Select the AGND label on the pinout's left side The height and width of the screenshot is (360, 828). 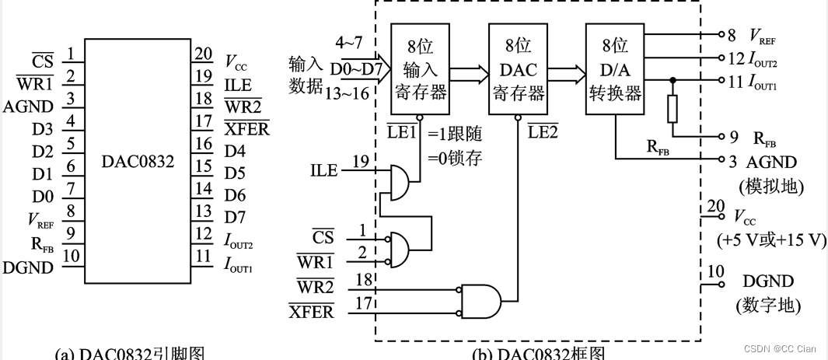29,107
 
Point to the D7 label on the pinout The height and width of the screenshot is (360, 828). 235,211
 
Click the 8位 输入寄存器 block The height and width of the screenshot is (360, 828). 420,69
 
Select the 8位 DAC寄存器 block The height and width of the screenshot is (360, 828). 517,69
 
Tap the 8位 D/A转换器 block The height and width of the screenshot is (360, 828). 614,69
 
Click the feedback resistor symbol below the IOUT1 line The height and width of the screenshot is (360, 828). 672,110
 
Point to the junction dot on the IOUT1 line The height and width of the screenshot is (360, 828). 672,80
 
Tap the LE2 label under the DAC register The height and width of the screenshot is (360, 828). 543,131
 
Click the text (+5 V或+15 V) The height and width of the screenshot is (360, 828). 772,239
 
